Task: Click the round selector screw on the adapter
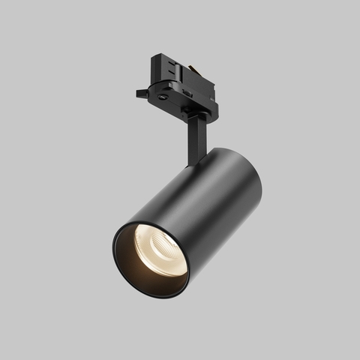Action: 162,97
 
